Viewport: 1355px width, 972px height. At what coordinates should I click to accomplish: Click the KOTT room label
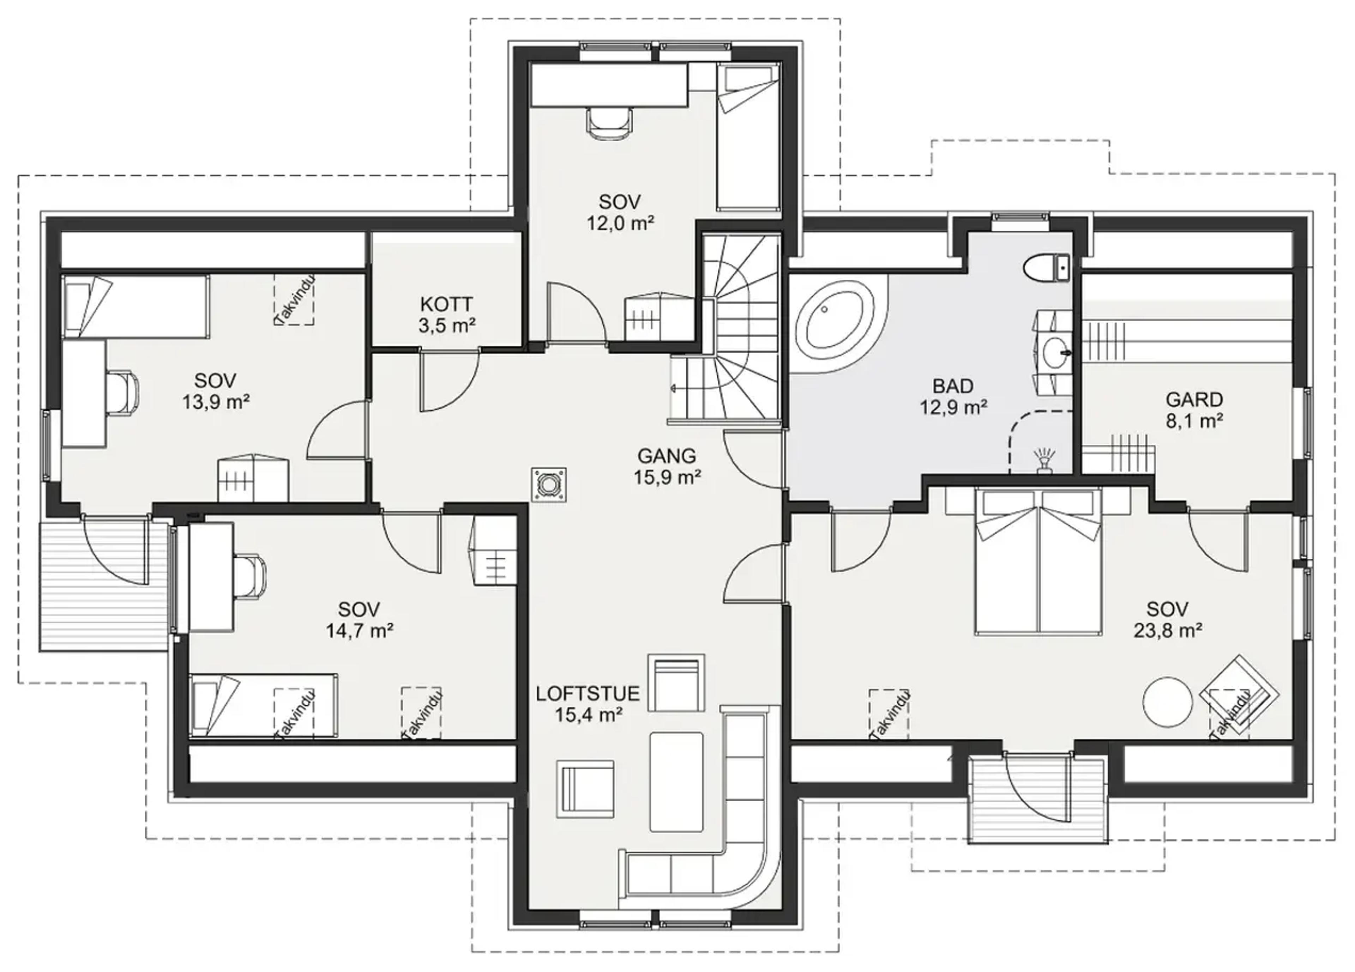click(446, 304)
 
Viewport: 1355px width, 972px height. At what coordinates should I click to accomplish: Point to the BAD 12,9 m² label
click(953, 396)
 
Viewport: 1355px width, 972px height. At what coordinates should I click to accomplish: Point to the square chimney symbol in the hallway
click(548, 485)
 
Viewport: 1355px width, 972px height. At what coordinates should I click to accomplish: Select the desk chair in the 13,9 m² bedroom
click(124, 392)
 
